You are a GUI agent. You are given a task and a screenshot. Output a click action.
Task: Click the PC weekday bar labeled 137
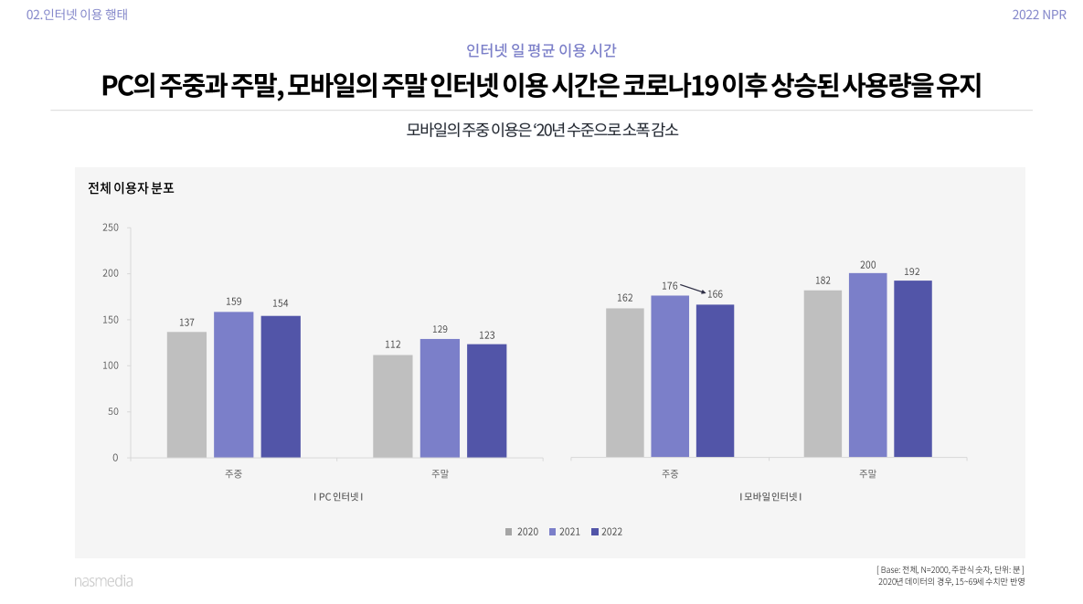(186, 394)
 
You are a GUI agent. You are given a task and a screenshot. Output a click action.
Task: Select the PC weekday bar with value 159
(234, 384)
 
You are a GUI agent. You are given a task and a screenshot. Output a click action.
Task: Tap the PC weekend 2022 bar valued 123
(486, 400)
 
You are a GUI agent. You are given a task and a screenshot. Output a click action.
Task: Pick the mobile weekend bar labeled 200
(867, 365)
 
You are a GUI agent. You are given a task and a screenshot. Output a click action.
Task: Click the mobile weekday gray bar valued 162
(624, 382)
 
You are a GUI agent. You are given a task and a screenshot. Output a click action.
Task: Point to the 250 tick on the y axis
(110, 228)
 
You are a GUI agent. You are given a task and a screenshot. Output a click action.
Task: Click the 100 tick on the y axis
(110, 366)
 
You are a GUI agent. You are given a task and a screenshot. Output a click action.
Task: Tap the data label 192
(912, 270)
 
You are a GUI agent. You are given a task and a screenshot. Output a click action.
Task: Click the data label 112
(393, 344)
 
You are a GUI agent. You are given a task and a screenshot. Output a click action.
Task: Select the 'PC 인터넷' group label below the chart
(338, 496)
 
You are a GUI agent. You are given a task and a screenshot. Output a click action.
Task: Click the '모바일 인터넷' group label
(770, 496)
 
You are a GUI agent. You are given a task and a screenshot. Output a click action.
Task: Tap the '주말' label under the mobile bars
(867, 473)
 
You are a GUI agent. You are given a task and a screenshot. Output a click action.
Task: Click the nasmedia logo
(103, 580)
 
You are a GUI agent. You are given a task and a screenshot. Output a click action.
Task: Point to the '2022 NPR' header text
(1039, 15)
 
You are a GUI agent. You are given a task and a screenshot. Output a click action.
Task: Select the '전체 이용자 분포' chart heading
(131, 189)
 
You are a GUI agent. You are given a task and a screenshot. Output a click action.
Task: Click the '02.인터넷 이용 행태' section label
(78, 15)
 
